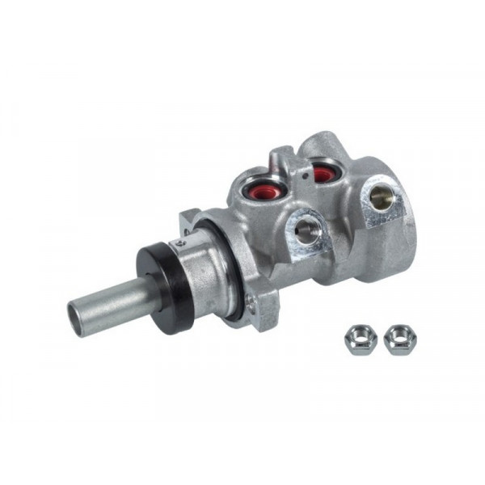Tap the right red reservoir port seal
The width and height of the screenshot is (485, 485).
323,173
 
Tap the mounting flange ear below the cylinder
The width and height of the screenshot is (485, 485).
263,311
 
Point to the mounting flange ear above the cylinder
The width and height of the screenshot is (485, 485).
190,219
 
